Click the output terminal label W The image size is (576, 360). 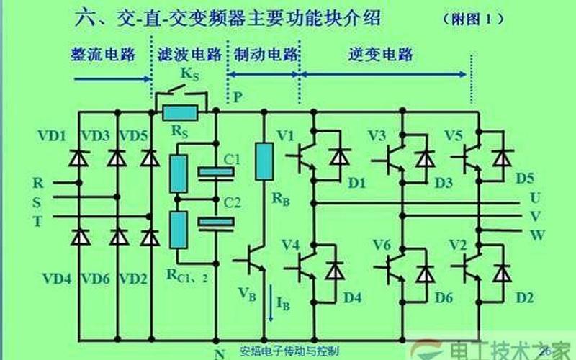pyautogui.click(x=536, y=234)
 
